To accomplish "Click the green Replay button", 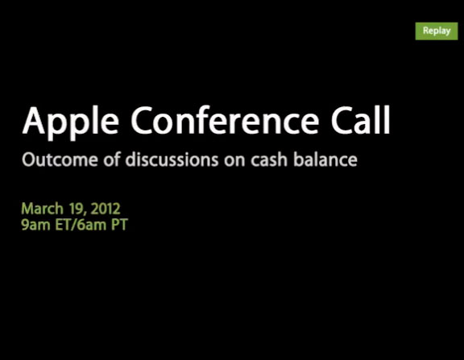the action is (x=437, y=31).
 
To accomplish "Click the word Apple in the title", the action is (x=70, y=122).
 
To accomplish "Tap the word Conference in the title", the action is (x=226, y=120).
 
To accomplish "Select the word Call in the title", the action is (x=360, y=119).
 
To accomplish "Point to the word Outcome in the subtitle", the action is (x=60, y=159).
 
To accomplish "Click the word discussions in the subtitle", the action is (x=172, y=159).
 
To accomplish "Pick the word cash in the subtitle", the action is (x=269, y=159).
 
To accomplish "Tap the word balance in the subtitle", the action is (x=325, y=159).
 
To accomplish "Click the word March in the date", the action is (x=43, y=209).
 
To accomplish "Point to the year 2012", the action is (x=106, y=209).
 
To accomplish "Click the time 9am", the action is (x=35, y=225).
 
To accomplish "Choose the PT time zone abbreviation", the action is (x=119, y=225).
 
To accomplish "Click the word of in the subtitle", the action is (x=112, y=159).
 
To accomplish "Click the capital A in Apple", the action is (x=34, y=120).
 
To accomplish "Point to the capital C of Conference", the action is (x=142, y=120).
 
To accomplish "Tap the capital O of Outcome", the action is (x=29, y=160).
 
